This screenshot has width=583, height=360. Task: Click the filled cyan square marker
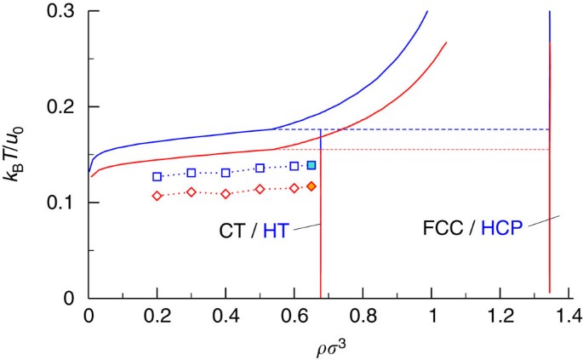(312, 165)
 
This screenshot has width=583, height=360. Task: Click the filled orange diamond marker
(312, 186)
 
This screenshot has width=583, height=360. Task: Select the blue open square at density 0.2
(157, 177)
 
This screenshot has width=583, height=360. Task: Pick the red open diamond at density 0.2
(157, 196)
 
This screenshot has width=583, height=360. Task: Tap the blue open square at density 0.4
(226, 173)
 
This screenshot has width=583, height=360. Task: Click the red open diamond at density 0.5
(260, 189)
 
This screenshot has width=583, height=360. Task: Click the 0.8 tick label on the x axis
(363, 316)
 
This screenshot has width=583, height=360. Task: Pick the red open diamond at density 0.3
(191, 191)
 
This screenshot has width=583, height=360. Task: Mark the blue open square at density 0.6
(294, 166)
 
